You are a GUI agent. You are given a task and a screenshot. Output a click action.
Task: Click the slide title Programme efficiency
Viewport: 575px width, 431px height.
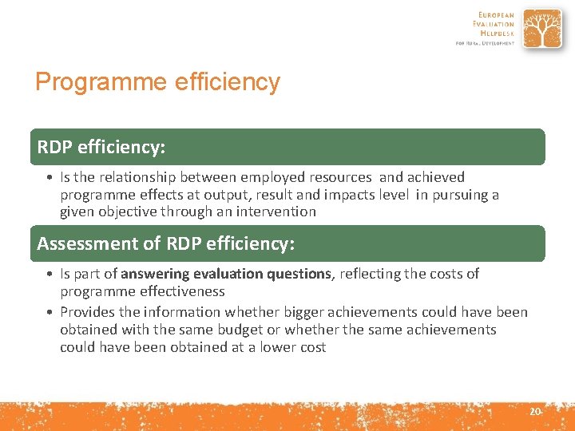coord(157,82)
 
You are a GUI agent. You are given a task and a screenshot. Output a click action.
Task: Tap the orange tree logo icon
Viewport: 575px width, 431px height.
coord(543,29)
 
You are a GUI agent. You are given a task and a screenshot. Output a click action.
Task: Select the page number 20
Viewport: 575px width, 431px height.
coord(534,411)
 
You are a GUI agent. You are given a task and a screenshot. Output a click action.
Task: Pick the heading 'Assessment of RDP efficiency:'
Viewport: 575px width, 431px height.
coord(165,243)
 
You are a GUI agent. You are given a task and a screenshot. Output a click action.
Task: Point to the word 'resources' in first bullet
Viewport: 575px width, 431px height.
coord(342,177)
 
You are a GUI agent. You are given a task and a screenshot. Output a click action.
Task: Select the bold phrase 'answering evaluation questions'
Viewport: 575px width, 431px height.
coord(226,274)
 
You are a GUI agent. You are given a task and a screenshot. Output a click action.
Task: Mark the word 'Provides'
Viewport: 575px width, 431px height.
coord(87,312)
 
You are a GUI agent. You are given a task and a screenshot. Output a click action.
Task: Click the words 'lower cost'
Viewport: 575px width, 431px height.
coord(293,347)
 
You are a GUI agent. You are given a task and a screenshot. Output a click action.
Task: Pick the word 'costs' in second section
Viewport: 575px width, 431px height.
coord(444,274)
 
